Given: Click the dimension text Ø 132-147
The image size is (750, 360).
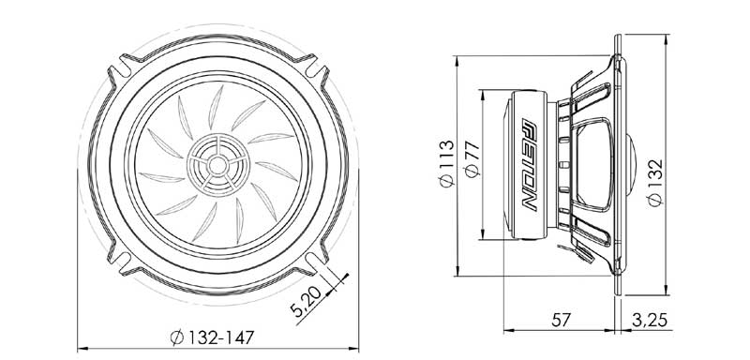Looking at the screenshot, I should point(208,337).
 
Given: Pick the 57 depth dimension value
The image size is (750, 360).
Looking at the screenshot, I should point(560,320).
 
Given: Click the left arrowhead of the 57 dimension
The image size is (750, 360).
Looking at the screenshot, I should point(508,331).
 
